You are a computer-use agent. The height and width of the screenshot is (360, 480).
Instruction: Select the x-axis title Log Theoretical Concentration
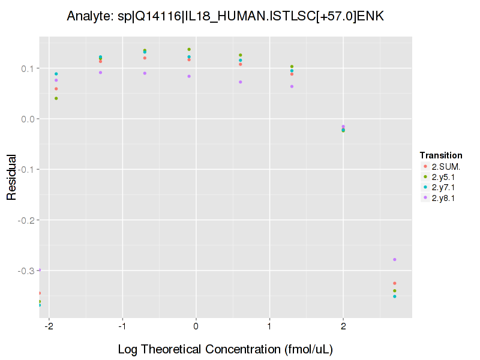coord(225,349)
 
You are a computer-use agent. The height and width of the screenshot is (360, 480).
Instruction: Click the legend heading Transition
coord(441,155)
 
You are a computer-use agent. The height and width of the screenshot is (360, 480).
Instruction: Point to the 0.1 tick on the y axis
coord(28,68)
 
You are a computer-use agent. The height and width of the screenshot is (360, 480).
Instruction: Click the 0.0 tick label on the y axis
coord(28,119)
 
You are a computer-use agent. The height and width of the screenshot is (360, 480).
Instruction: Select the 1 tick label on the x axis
coord(269,328)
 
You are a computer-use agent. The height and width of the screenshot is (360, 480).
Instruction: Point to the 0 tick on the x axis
coord(196,328)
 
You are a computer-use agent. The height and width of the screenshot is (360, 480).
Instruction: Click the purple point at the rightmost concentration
coord(395,259)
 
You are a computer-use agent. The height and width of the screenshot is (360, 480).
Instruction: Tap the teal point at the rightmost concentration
coord(395,296)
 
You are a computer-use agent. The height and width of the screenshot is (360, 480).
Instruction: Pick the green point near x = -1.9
coord(56,98)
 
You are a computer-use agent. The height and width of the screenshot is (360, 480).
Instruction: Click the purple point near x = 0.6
coord(241,82)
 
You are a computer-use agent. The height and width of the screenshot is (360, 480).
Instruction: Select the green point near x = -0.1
coord(189,49)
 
